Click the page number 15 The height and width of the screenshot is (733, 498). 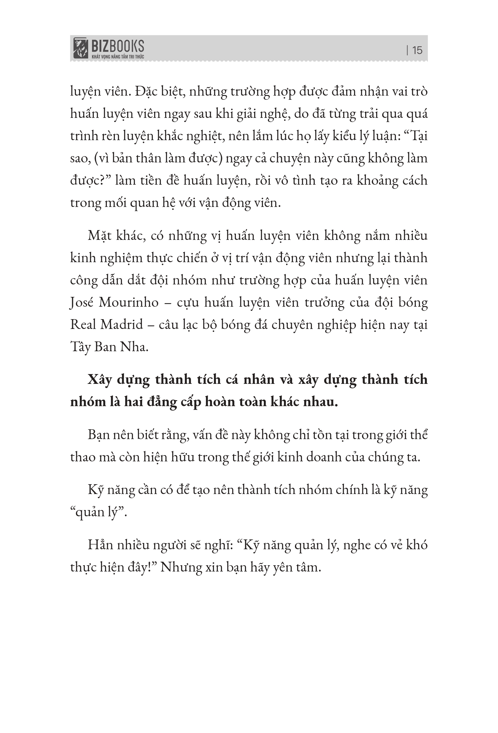pos(417,50)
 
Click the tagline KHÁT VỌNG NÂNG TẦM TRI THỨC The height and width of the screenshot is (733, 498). pos(118,57)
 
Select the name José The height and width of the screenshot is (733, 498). pos(82,303)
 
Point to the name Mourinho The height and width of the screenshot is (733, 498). pos(129,303)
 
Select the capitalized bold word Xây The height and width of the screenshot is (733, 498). pos(100,380)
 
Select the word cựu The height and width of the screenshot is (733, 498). pos(187,303)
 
